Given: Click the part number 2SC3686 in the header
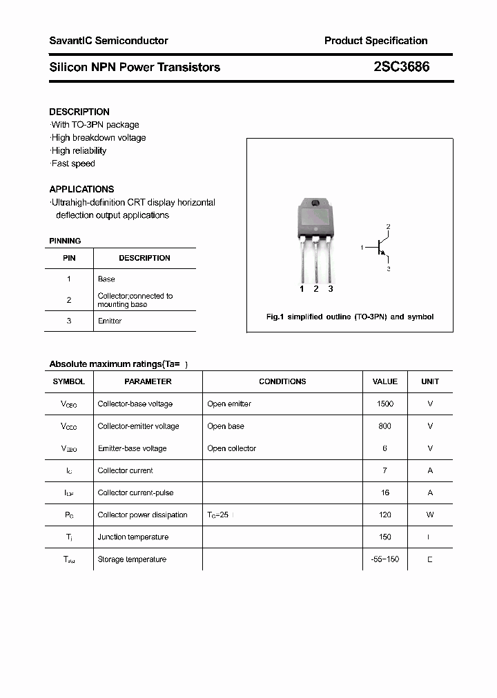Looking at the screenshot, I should click(x=401, y=67).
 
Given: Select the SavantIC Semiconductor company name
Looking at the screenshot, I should click(x=108, y=41).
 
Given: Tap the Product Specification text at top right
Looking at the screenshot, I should click(x=376, y=41).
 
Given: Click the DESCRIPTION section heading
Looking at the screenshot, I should click(x=79, y=112).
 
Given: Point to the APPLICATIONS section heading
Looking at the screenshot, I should click(x=81, y=189).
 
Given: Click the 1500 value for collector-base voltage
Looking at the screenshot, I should click(x=385, y=404).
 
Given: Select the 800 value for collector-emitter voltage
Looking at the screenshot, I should click(x=385, y=426).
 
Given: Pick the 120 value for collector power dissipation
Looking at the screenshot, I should click(x=385, y=515).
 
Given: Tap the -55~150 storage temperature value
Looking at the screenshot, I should click(x=384, y=559).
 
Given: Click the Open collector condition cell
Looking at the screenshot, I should click(x=231, y=448).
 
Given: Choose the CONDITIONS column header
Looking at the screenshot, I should click(x=282, y=381).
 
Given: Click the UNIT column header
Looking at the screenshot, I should click(x=430, y=381).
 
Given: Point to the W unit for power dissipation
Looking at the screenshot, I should click(x=430, y=515).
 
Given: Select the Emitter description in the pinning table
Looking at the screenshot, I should click(x=110, y=321).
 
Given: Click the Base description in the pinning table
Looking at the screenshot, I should click(x=106, y=279).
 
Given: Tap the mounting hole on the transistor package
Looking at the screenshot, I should click(x=316, y=203).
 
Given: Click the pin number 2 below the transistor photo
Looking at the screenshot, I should click(x=316, y=289).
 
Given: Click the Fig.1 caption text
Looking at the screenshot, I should click(x=350, y=317).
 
